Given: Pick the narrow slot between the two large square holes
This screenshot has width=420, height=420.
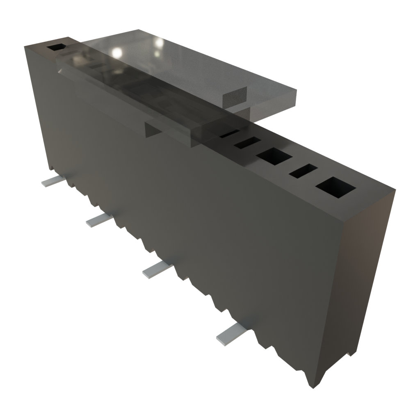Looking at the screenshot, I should [x=304, y=171].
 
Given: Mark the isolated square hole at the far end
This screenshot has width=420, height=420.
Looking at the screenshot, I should [x=56, y=48].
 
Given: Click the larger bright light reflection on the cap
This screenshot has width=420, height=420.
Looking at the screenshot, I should [x=117, y=52].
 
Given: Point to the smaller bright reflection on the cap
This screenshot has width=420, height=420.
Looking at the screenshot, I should [x=158, y=42].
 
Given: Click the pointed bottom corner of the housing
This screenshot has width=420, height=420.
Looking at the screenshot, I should [x=310, y=386].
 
